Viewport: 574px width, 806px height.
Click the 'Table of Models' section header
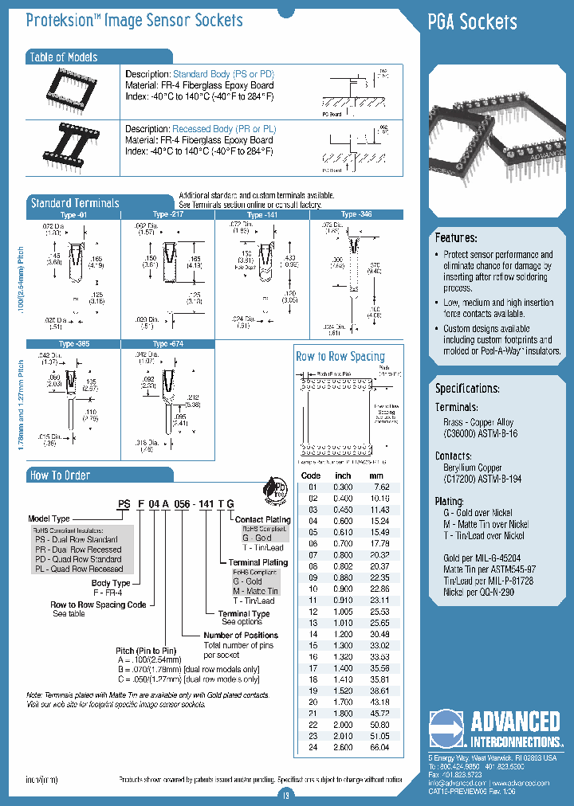tap(63, 57)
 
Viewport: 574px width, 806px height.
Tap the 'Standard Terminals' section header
tap(74, 203)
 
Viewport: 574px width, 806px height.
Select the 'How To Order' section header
tap(60, 475)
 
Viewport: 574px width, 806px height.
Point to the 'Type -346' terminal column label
tap(356, 214)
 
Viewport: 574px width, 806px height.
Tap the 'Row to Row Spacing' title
tap(340, 356)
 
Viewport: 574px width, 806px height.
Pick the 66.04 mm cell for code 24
tap(379, 748)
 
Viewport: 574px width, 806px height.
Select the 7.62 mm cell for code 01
tap(380, 487)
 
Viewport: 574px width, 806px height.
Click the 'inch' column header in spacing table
tap(343, 475)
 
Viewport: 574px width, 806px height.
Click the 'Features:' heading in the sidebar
tap(456, 238)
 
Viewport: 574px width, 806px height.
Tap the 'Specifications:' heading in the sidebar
tap(467, 389)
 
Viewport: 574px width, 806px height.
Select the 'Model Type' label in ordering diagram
tap(49, 518)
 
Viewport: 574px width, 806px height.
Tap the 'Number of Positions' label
tap(241, 635)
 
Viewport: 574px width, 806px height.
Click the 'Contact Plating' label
tap(262, 519)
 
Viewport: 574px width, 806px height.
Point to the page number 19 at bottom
tap(286, 794)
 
